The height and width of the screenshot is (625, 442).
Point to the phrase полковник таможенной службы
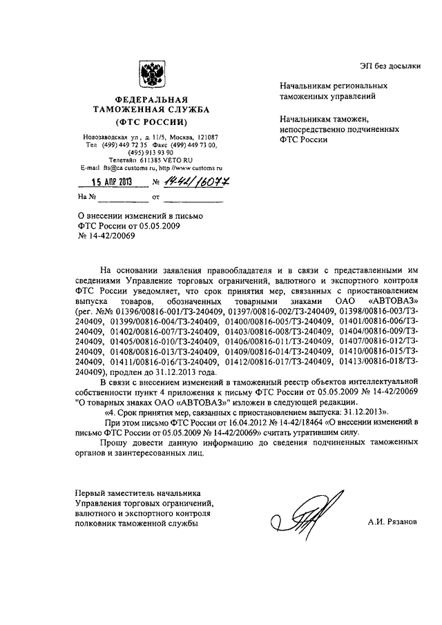[135, 524]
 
